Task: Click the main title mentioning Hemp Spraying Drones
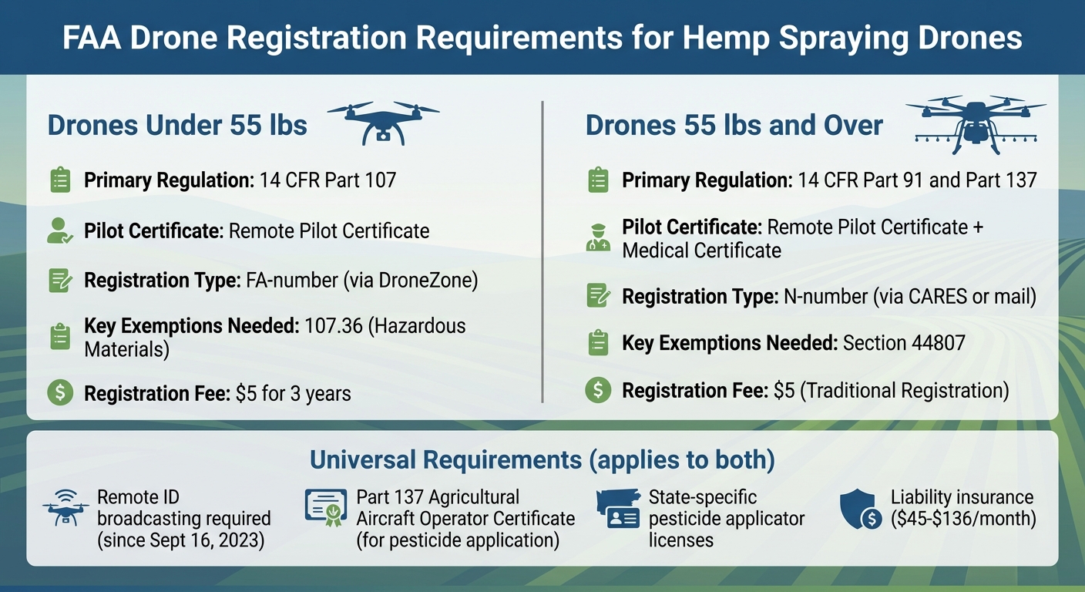click(x=542, y=37)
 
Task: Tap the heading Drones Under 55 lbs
click(x=177, y=125)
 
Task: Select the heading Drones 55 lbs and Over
click(x=734, y=125)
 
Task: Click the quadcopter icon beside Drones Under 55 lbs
click(x=383, y=122)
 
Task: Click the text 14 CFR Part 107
click(x=328, y=181)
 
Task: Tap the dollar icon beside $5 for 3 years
click(x=59, y=393)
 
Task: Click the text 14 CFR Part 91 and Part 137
click(x=917, y=181)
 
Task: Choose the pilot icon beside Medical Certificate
click(x=598, y=238)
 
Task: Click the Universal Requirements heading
click(x=542, y=460)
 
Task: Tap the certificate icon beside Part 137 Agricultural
click(x=325, y=508)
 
